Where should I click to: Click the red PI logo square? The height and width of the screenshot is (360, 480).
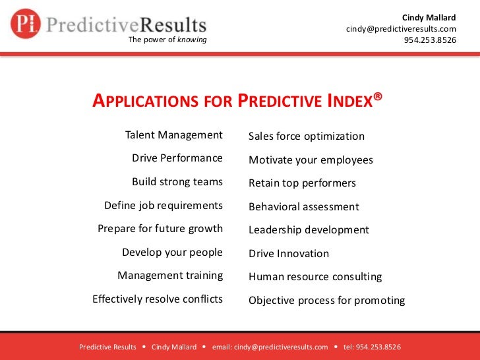(26, 24)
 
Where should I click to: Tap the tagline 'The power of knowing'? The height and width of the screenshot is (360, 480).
(167, 40)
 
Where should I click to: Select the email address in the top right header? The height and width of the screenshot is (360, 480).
(401, 29)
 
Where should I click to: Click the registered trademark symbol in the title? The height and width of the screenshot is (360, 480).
(378, 98)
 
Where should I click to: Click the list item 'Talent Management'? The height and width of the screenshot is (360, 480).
(174, 135)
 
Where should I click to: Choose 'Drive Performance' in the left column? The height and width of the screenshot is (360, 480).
(177, 158)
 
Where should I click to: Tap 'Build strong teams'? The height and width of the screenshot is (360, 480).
(177, 182)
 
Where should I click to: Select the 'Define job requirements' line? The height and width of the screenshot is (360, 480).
(164, 206)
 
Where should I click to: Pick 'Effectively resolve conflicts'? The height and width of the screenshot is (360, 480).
(158, 299)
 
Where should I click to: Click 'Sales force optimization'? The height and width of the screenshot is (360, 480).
(307, 136)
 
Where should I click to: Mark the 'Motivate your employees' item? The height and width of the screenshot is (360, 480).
(311, 160)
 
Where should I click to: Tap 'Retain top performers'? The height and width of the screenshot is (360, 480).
(302, 183)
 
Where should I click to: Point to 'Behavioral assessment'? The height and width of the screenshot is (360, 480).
(304, 207)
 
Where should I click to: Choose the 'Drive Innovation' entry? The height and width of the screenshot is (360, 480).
(289, 254)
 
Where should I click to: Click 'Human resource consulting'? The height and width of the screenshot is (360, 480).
(315, 277)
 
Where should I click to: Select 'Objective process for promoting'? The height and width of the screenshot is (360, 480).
(326, 301)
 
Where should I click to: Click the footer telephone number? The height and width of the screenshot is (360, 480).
(373, 347)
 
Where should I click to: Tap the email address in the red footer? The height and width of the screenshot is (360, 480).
(270, 347)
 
